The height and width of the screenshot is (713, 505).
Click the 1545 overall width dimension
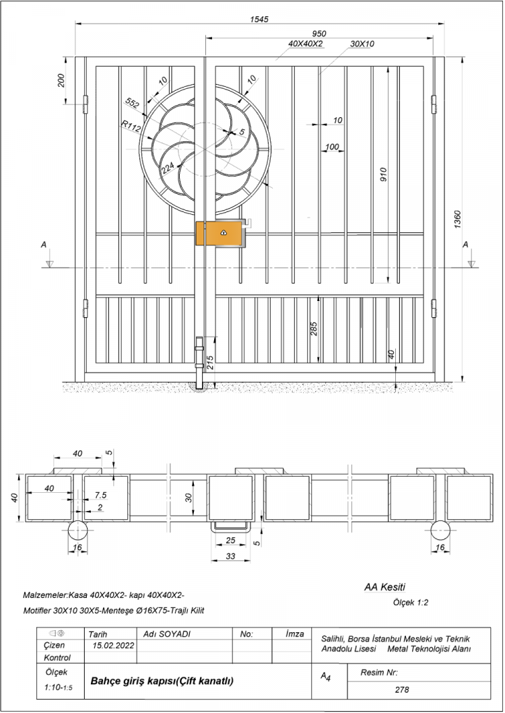[x=259, y=19]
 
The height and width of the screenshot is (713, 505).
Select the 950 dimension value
[x=319, y=34]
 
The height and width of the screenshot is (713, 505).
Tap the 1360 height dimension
[x=457, y=219]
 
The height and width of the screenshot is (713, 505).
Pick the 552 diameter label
[x=132, y=104]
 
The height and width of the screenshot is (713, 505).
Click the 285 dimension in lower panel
[x=314, y=329]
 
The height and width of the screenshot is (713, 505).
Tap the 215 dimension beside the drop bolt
[x=209, y=362]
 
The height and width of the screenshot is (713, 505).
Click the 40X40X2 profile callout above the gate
[x=306, y=44]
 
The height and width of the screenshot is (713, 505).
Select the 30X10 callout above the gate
[x=362, y=44]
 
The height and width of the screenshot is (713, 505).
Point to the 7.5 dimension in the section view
[x=100, y=495]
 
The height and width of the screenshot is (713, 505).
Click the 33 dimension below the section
[x=231, y=555]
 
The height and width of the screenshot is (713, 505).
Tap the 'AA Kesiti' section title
[x=384, y=587]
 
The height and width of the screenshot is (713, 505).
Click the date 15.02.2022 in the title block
[x=113, y=645]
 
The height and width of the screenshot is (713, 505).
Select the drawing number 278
[x=402, y=689]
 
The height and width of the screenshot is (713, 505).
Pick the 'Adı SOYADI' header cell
[x=166, y=634]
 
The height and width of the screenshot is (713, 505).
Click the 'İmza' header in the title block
[x=295, y=634]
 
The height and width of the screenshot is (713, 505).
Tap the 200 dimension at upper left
[x=61, y=80]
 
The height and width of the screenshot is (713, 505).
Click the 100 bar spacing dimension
[x=332, y=147]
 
